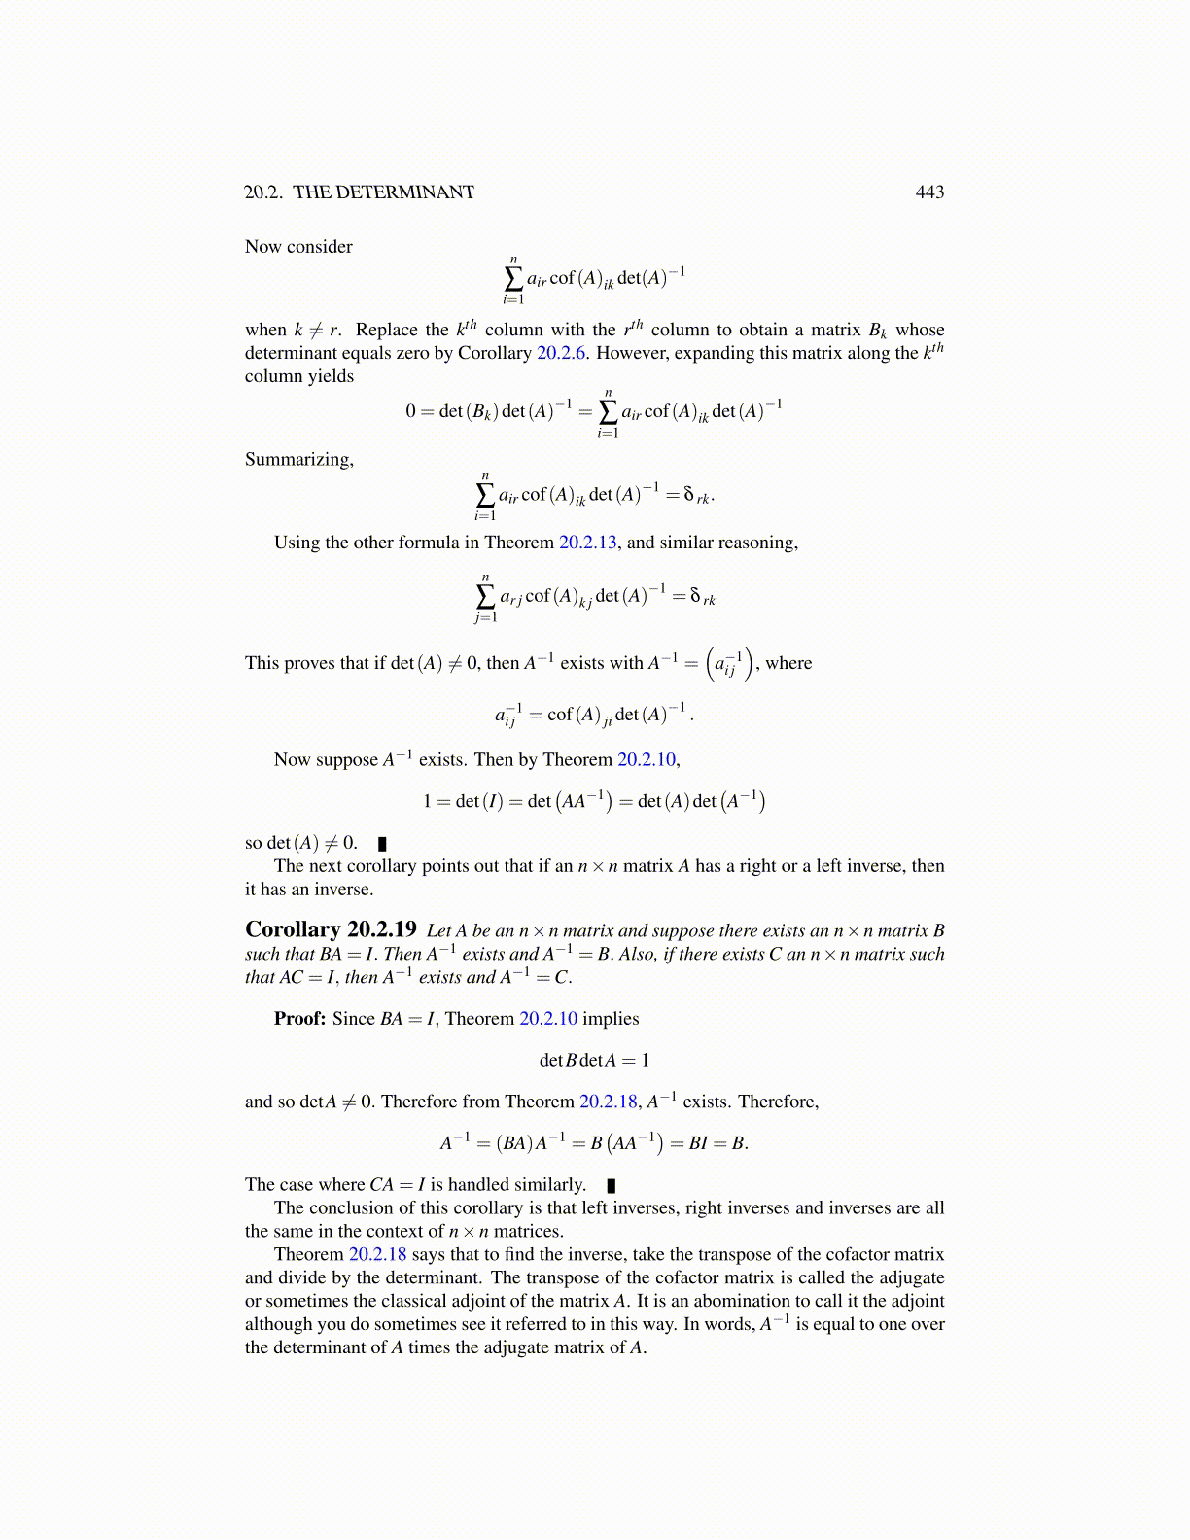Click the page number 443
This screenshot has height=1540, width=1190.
(929, 192)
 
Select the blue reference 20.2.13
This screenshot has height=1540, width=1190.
(587, 542)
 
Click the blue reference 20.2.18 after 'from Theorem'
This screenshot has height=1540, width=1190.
(609, 1102)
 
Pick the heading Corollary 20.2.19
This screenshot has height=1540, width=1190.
(331, 929)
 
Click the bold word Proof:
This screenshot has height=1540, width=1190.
(299, 1019)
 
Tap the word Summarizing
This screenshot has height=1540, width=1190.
(298, 459)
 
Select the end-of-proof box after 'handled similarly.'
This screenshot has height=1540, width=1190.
(612, 1185)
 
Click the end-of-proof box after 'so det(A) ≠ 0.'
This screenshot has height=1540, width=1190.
(382, 844)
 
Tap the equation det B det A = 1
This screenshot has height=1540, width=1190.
(594, 1060)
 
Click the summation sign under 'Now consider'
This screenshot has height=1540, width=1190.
(513, 278)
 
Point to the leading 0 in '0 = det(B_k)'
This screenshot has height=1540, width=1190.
(411, 411)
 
